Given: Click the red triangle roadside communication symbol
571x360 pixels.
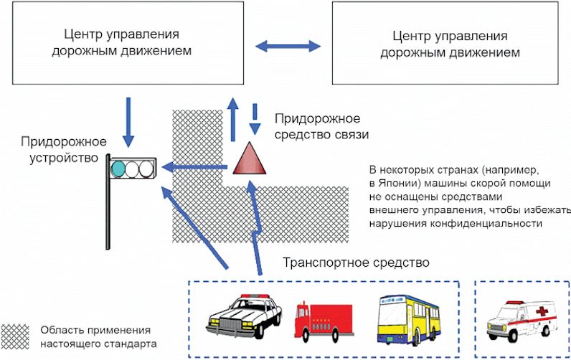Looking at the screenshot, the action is point(250,159).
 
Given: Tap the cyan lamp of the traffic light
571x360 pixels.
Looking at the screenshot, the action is point(118,169).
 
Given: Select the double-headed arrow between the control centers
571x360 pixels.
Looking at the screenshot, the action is point(288,46).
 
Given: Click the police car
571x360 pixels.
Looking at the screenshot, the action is point(244,316).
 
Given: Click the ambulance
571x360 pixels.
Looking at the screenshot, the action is point(522,321).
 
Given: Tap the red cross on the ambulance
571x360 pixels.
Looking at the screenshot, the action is point(542,311).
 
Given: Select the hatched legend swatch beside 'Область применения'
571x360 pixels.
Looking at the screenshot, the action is point(15,337).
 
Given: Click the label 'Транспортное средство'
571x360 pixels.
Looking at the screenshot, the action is point(356,262).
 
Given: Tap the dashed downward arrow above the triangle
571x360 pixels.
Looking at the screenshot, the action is point(255,119).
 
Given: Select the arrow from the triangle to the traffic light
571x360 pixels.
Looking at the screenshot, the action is point(195,167).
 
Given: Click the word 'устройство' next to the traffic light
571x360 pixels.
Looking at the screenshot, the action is point(64,158).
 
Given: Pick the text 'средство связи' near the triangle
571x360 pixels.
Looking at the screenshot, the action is point(321,134).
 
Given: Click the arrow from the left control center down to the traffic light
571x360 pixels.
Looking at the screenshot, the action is point(128,123).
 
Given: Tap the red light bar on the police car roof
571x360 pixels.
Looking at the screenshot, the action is point(255,296).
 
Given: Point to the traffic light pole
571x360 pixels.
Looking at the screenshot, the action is point(108,202).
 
